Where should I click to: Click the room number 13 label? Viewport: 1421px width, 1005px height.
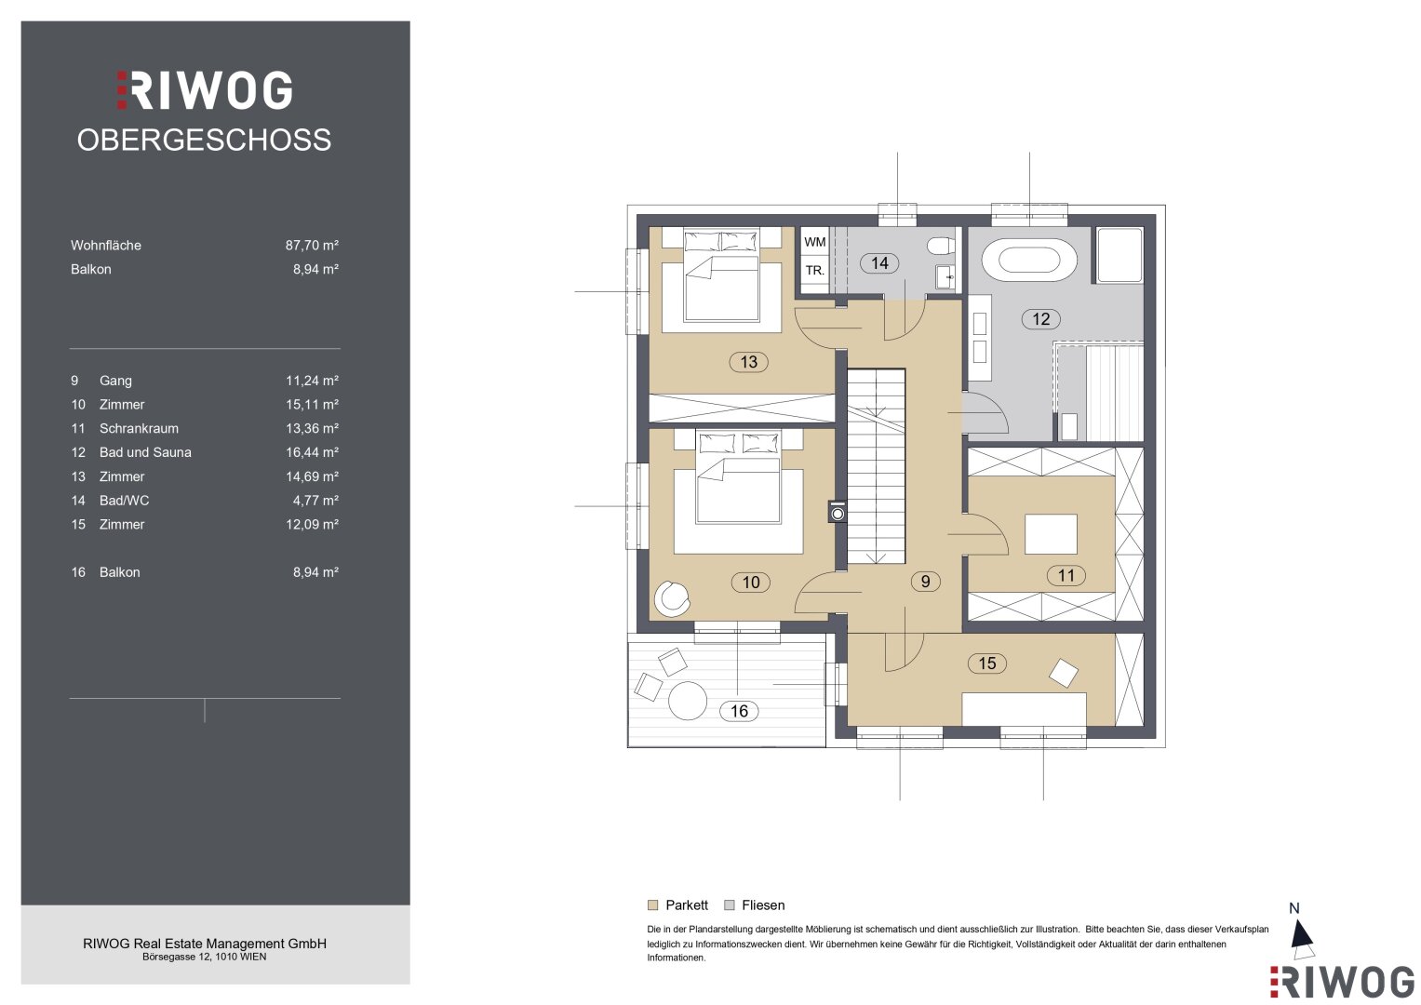[748, 362]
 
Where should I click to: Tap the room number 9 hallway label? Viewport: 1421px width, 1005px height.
[925, 582]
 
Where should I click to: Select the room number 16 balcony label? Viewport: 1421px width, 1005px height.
[739, 711]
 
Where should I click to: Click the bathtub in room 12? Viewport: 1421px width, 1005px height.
[1029, 261]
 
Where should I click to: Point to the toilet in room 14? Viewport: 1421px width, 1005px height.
[940, 245]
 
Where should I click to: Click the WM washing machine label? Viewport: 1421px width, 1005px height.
[814, 242]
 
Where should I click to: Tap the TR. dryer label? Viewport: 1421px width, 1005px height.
[814, 270]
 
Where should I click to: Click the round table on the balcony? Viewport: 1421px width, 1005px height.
[688, 701]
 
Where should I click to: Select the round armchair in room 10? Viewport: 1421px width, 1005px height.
[672, 598]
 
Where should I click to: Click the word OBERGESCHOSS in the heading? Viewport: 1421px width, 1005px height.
[204, 140]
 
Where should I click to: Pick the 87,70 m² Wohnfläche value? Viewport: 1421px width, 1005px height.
[312, 245]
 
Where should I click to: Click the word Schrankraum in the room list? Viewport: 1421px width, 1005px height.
[139, 428]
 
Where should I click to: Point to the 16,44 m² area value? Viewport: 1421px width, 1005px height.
[312, 452]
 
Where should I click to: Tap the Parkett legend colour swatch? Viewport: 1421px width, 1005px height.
[652, 904]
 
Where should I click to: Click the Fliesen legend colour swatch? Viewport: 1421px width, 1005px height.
[730, 904]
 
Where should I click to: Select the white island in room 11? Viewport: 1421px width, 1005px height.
[1051, 533]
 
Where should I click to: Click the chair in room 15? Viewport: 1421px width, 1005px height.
[1064, 673]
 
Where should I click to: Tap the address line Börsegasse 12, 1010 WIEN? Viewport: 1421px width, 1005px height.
[205, 957]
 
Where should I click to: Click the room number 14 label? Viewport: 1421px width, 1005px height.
[879, 262]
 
